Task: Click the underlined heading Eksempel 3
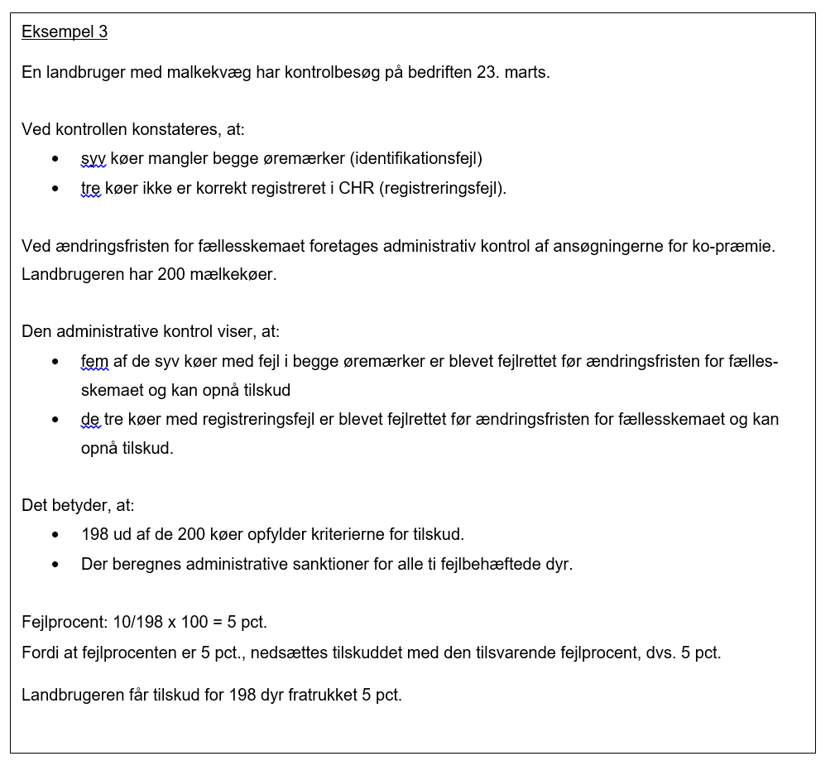coord(65,32)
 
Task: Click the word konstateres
coord(180,129)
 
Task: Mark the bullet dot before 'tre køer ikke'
coord(55,189)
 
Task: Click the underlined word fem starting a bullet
coord(94,362)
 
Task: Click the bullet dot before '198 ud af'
coord(55,535)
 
